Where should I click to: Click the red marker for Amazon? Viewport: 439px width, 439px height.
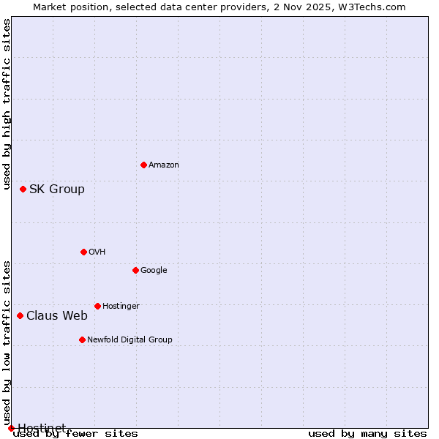click(143, 165)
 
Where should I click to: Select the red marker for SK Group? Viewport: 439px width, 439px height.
click(23, 189)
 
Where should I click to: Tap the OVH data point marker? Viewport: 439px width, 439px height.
click(83, 252)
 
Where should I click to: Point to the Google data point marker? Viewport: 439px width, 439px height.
click(135, 270)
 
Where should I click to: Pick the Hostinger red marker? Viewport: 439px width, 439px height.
click(97, 306)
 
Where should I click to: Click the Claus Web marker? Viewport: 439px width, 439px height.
click(20, 315)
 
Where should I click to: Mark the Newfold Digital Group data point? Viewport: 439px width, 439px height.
click(82, 339)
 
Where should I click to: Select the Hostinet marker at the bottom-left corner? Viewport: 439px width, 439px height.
click(11, 428)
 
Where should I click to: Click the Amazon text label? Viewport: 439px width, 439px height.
click(164, 165)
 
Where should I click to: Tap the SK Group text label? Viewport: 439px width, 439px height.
click(57, 189)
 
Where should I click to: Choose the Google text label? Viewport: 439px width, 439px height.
click(154, 270)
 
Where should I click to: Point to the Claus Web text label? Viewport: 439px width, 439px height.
click(57, 315)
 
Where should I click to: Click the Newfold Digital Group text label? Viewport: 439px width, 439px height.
click(130, 339)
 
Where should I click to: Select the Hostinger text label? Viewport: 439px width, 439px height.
click(121, 306)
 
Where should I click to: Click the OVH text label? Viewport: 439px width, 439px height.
click(97, 252)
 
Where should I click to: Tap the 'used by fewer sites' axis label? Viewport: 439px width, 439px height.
click(75, 434)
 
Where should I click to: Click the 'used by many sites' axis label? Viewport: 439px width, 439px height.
click(367, 434)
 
